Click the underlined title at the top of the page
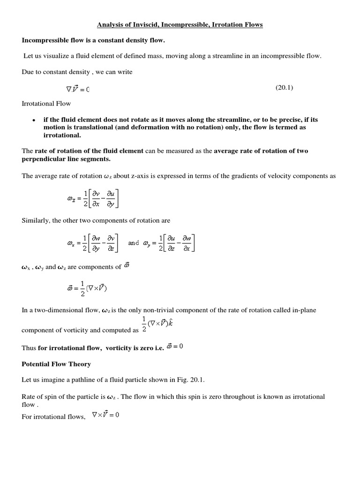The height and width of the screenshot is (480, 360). click(180, 24)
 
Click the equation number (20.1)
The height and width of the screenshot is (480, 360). click(284, 88)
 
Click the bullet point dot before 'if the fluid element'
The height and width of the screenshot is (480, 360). click(34, 120)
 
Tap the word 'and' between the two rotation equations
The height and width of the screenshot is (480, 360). click(134, 243)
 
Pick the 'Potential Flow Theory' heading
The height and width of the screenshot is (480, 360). click(56, 364)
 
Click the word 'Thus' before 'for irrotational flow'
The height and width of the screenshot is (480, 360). click(29, 348)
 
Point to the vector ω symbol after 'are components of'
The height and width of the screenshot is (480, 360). click(127, 266)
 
